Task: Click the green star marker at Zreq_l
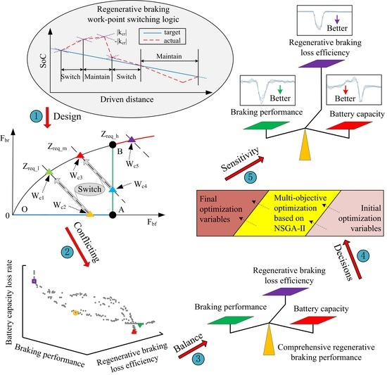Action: (48, 172)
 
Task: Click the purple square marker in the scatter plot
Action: (34, 281)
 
